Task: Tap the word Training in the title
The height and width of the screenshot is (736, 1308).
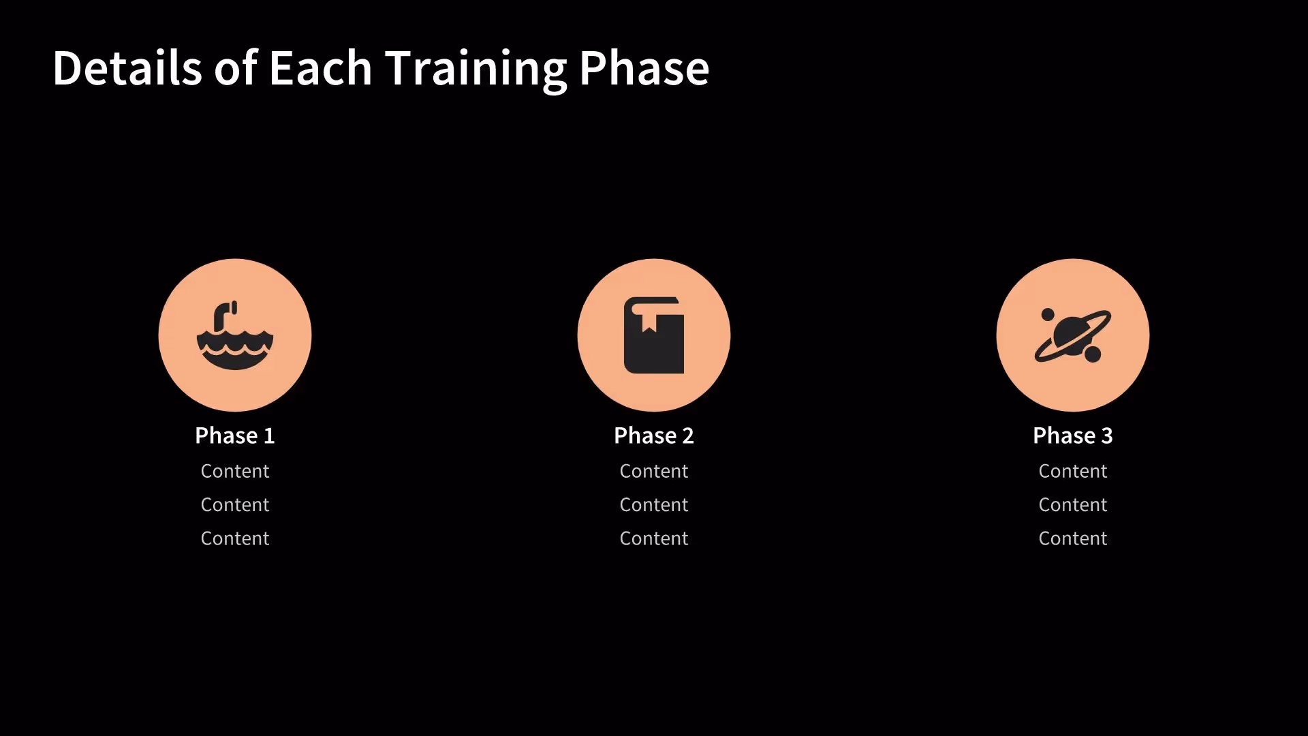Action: pyautogui.click(x=476, y=68)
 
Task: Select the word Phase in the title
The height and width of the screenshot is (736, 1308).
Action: pyautogui.click(x=644, y=68)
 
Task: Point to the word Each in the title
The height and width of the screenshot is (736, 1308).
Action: pyautogui.click(x=320, y=68)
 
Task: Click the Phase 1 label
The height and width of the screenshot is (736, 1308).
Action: pyautogui.click(x=235, y=435)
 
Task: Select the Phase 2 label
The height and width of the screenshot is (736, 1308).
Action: pyautogui.click(x=654, y=435)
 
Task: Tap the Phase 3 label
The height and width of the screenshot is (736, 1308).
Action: pyautogui.click(x=1073, y=435)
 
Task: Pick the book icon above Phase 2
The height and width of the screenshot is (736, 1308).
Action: pyautogui.click(x=654, y=335)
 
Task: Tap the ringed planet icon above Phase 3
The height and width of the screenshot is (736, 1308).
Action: pyautogui.click(x=1073, y=335)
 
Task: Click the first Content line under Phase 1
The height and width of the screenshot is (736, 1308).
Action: pyautogui.click(x=235, y=471)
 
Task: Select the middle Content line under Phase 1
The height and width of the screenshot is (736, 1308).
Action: pyautogui.click(x=235, y=505)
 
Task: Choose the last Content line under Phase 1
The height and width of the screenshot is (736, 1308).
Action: pyautogui.click(x=235, y=538)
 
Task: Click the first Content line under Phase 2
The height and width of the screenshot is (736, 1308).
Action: pyautogui.click(x=654, y=471)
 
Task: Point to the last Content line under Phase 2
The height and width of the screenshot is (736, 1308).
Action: pyautogui.click(x=654, y=538)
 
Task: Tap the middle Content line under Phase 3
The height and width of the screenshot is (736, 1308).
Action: pyautogui.click(x=1073, y=505)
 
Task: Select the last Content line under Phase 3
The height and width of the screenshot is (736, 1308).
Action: pyautogui.click(x=1073, y=538)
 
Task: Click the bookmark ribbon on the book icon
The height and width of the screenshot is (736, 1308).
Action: pyautogui.click(x=649, y=322)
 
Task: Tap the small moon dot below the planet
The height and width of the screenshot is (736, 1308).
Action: pyautogui.click(x=1093, y=354)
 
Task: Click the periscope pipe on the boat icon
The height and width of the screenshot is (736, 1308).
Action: pyautogui.click(x=223, y=316)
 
